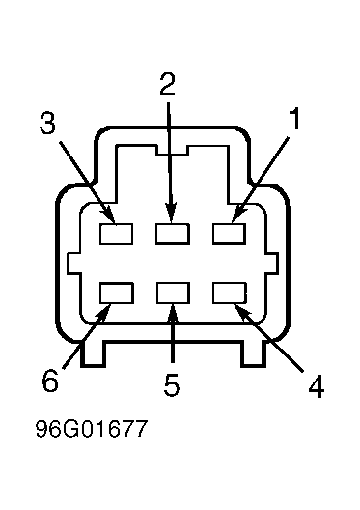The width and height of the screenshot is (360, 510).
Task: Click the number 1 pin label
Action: click(x=294, y=119)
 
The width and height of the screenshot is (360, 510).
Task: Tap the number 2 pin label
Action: click(x=168, y=84)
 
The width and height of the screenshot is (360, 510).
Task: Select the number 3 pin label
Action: click(x=47, y=123)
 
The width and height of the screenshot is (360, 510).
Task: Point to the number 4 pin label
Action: click(x=317, y=386)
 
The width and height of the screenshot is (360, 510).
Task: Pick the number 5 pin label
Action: click(x=172, y=385)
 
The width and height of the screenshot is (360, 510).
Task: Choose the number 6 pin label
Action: click(x=50, y=381)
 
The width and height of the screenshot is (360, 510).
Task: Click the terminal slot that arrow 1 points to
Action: click(x=230, y=234)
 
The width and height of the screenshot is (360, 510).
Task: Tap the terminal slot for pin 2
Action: click(x=173, y=234)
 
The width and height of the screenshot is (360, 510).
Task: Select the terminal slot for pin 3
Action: click(x=117, y=234)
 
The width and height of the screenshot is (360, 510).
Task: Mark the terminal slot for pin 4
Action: click(x=230, y=293)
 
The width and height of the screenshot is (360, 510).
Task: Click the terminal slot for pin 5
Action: click(x=173, y=293)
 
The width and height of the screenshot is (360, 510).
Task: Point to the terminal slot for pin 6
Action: click(x=117, y=293)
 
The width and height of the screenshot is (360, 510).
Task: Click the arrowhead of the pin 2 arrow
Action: click(x=171, y=212)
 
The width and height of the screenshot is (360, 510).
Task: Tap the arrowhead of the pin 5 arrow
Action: click(x=173, y=314)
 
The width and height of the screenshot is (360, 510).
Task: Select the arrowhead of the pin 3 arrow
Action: click(x=109, y=215)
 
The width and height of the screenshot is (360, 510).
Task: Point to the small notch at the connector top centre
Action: click(x=173, y=151)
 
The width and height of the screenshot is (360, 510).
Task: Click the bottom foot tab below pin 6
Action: click(x=93, y=354)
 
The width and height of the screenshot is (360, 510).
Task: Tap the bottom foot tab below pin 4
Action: click(x=254, y=354)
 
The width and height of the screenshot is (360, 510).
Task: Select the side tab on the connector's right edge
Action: click(x=272, y=263)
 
